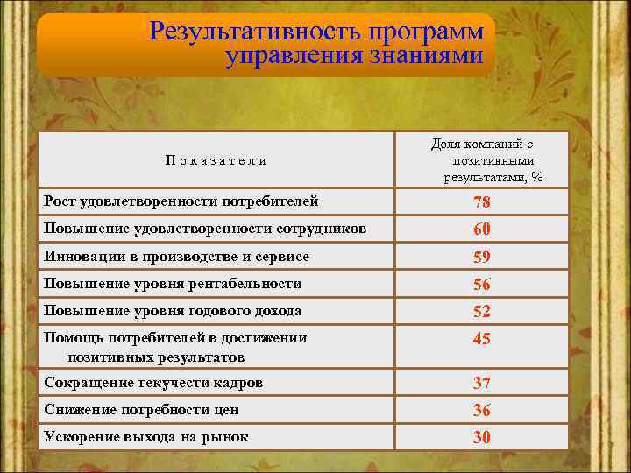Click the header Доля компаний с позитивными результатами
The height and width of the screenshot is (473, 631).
point(482,160)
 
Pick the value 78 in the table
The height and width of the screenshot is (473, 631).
point(481,203)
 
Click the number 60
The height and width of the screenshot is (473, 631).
point(481,230)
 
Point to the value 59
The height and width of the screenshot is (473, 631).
point(481,258)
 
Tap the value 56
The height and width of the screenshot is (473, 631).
point(481,285)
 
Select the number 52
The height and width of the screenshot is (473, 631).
point(481,312)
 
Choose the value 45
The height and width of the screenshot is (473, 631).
point(481,340)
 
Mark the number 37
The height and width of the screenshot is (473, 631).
point(481,384)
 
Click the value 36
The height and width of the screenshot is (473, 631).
point(481,411)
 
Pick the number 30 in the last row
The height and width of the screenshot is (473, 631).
point(481,438)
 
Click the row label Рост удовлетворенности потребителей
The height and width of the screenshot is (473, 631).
point(181,202)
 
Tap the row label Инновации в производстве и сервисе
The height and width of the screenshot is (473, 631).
point(176,257)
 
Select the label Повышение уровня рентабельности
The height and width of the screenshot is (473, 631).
point(173,284)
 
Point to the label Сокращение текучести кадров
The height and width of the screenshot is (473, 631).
point(153,383)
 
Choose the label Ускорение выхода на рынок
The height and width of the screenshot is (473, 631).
point(146,437)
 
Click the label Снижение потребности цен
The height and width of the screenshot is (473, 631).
point(141,410)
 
